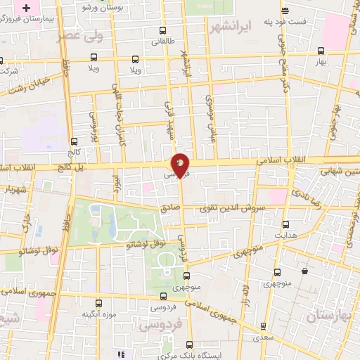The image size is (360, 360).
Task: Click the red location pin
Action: pyautogui.click(x=180, y=165)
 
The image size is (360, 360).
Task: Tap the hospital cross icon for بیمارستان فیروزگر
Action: pyautogui.click(x=27, y=9)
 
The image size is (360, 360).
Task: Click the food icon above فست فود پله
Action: pyautogui.click(x=285, y=11)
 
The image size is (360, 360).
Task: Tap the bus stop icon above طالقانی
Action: pyautogui.click(x=163, y=31)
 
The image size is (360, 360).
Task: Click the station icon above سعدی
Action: pyautogui.click(x=262, y=326)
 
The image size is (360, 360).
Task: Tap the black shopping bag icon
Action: pyautogui.click(x=304, y=271)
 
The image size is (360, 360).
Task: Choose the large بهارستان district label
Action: pyautogui.click(x=330, y=315)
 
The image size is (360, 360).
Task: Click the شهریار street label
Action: pyautogui.click(x=13, y=190)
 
